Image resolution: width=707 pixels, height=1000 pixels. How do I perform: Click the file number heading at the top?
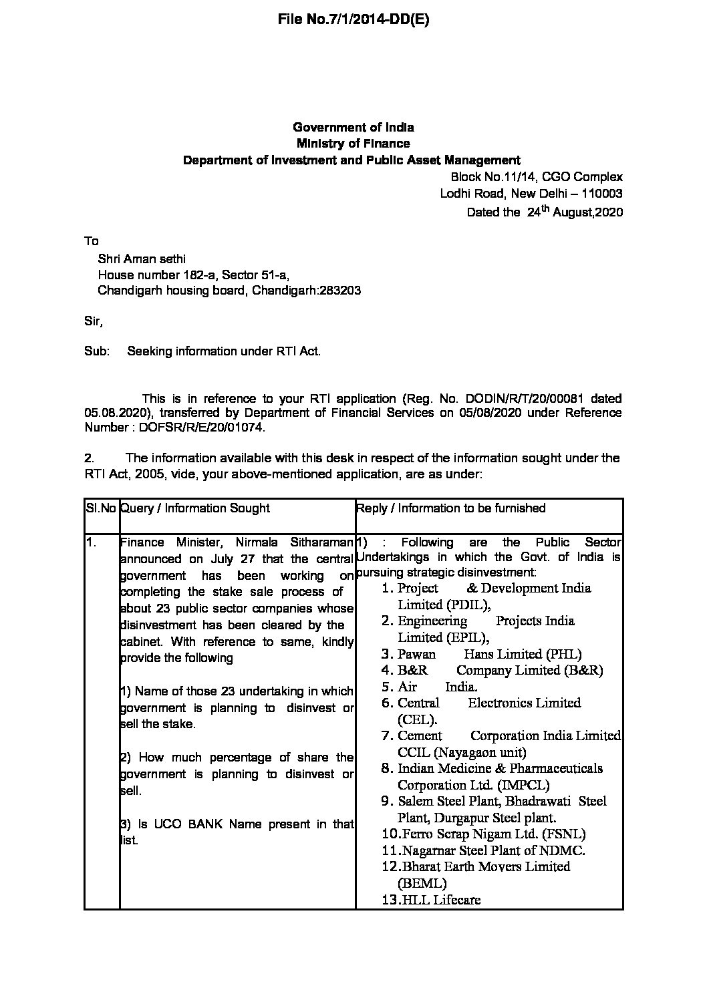pyautogui.click(x=353, y=19)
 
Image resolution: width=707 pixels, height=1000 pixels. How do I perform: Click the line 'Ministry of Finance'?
pyautogui.click(x=353, y=144)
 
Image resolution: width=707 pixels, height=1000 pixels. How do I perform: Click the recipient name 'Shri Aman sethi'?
pyautogui.click(x=142, y=259)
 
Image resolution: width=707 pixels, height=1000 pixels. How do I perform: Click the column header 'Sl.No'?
pyautogui.click(x=102, y=508)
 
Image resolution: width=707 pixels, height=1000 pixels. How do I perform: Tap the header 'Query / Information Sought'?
pyautogui.click(x=195, y=508)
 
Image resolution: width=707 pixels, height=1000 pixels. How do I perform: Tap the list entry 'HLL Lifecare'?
pyautogui.click(x=441, y=900)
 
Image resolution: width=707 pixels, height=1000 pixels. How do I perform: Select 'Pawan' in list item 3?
pyautogui.click(x=416, y=654)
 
